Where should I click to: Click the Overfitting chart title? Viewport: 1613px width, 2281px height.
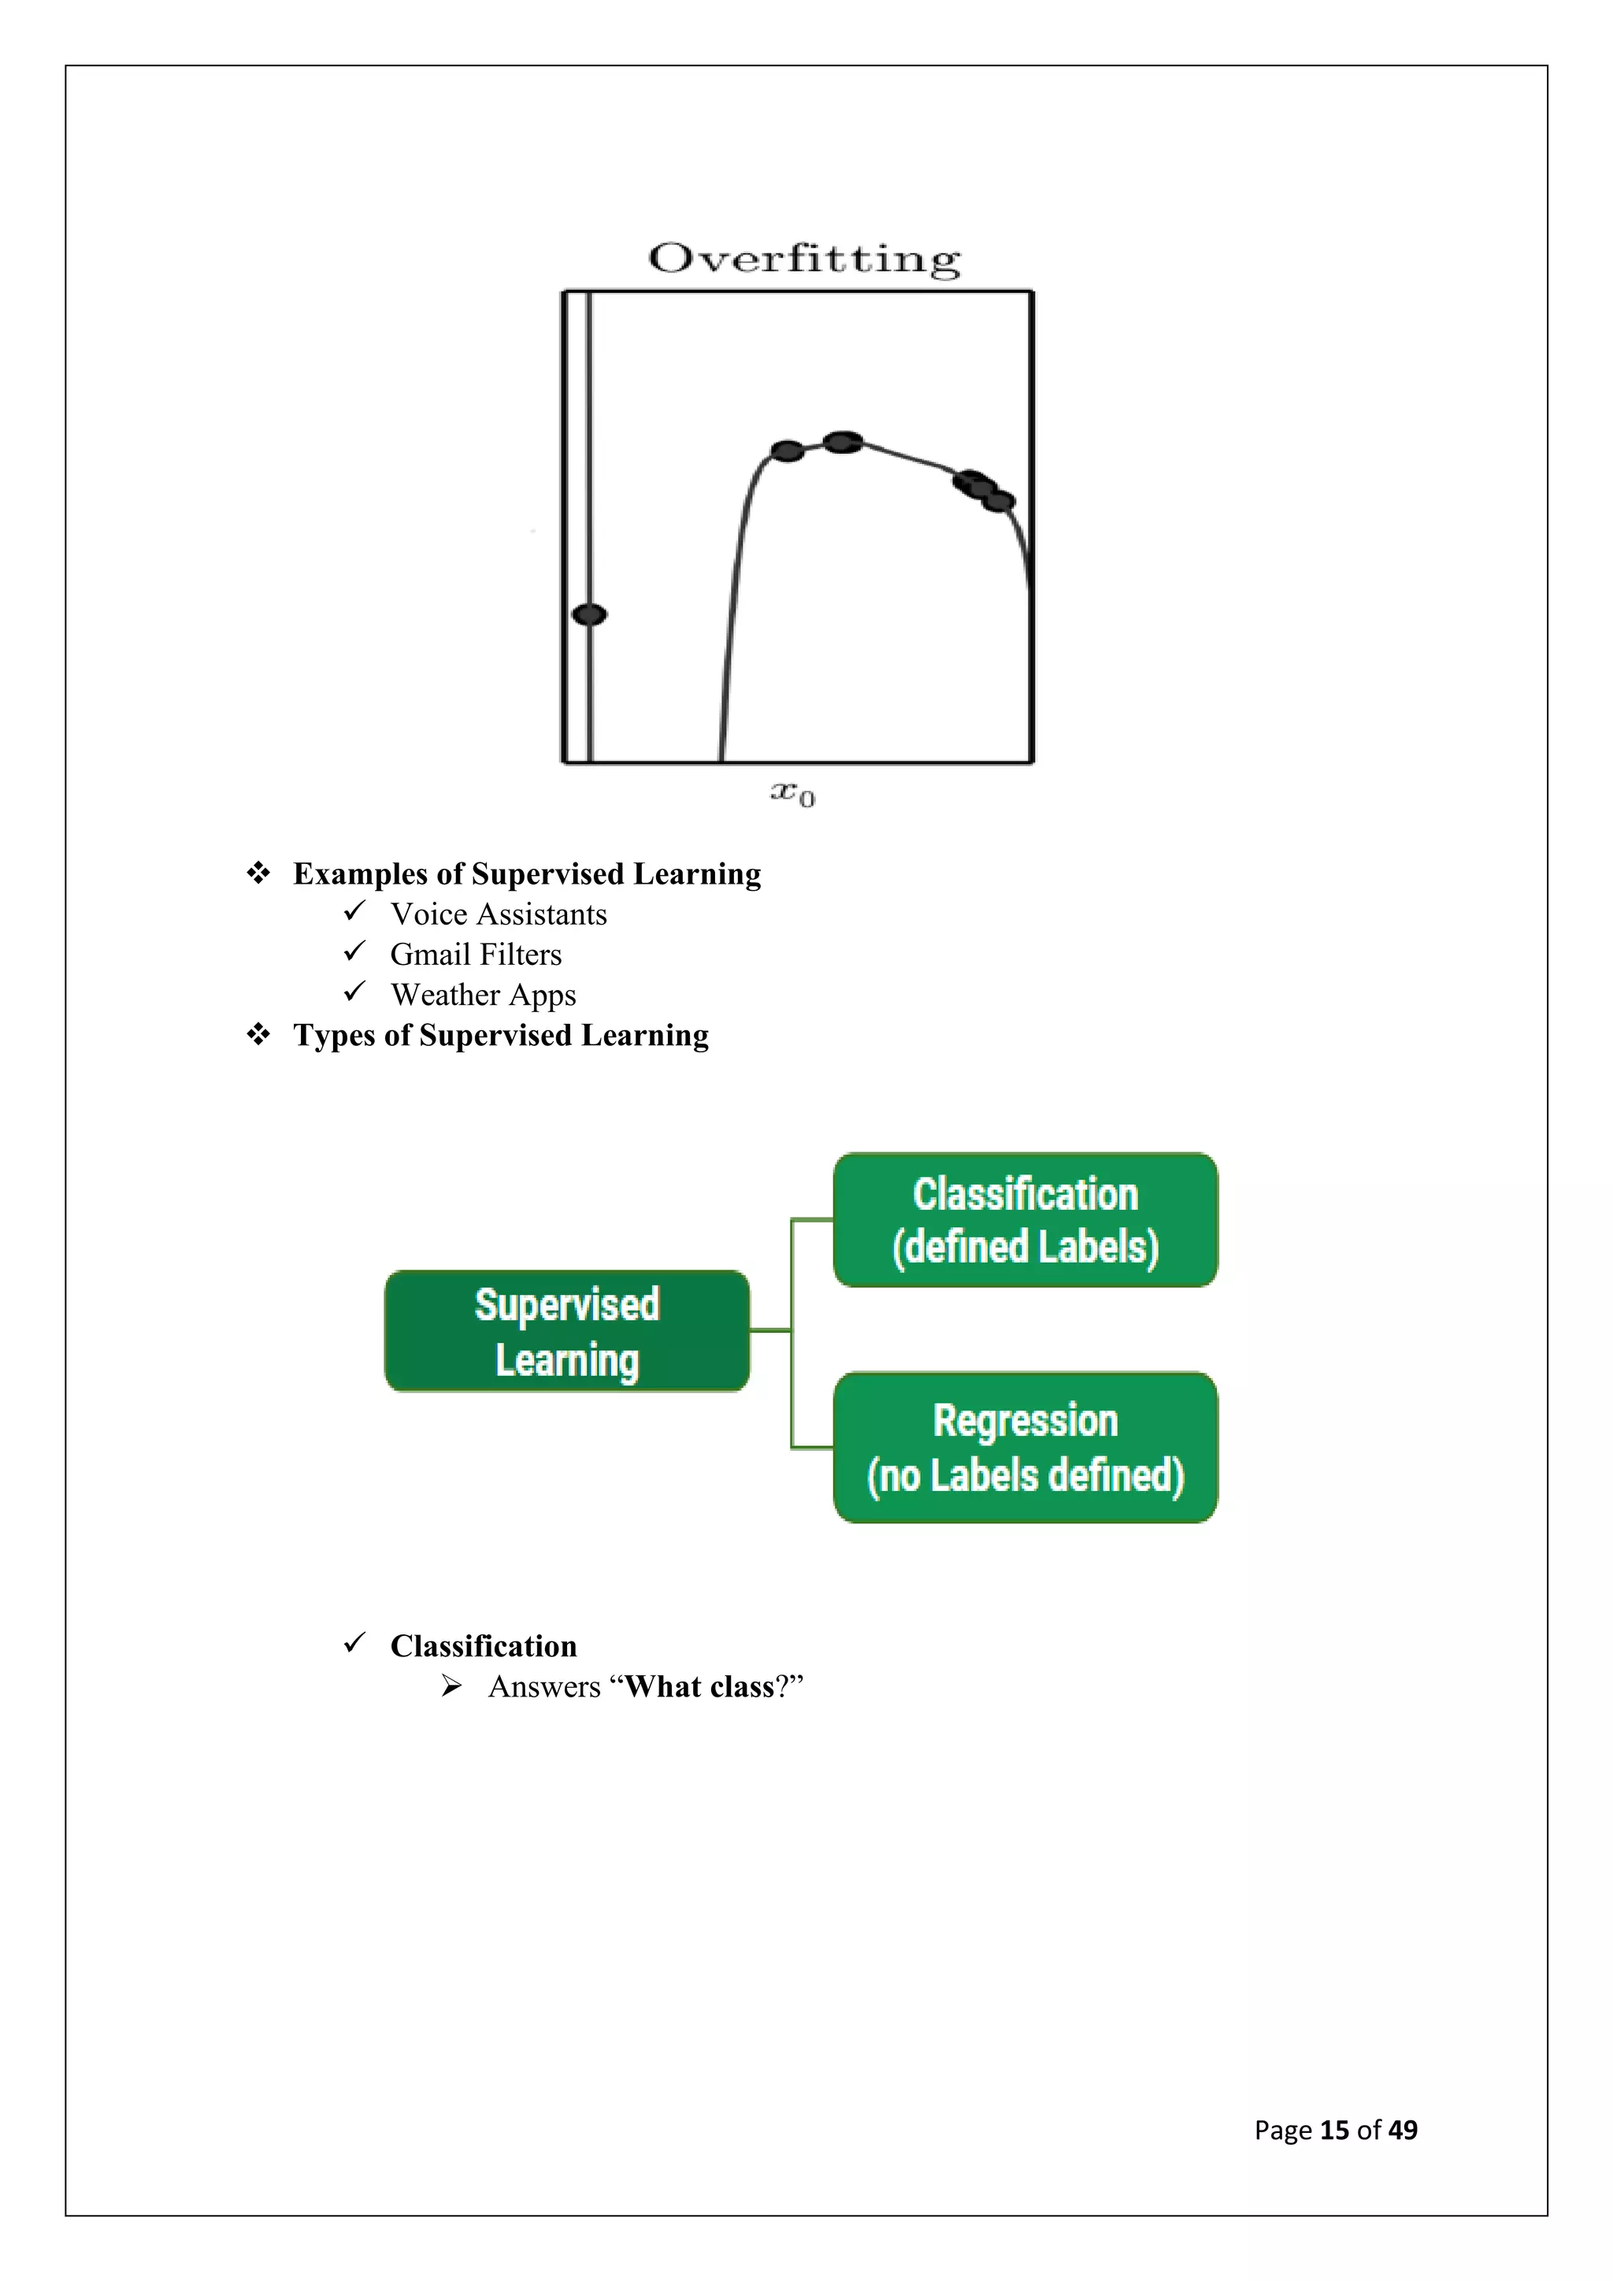point(804,258)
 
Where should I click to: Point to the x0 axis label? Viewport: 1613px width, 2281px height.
point(792,794)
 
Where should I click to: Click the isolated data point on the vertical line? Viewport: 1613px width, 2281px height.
point(590,615)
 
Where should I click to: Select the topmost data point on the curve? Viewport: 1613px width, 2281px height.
point(844,442)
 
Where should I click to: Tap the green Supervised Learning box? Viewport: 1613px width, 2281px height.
point(567,1331)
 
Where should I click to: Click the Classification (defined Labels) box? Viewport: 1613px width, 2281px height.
point(1025,1220)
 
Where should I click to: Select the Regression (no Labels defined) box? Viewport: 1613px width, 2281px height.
point(1025,1448)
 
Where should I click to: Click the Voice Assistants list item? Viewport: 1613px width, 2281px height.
point(498,914)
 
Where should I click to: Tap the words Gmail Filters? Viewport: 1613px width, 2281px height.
point(476,955)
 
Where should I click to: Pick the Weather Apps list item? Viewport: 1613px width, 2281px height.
point(483,995)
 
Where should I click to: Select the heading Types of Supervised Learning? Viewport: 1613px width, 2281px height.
point(501,1035)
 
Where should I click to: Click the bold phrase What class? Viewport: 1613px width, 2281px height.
point(699,1687)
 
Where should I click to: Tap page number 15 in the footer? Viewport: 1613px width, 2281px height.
point(1334,2130)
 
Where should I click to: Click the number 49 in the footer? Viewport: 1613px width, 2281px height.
point(1403,2130)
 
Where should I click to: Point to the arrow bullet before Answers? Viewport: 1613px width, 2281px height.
point(452,1686)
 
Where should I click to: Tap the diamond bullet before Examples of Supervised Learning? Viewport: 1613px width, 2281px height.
point(258,873)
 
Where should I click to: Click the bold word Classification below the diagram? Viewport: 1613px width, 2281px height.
point(483,1646)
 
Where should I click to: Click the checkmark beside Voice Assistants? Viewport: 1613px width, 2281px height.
point(354,911)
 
